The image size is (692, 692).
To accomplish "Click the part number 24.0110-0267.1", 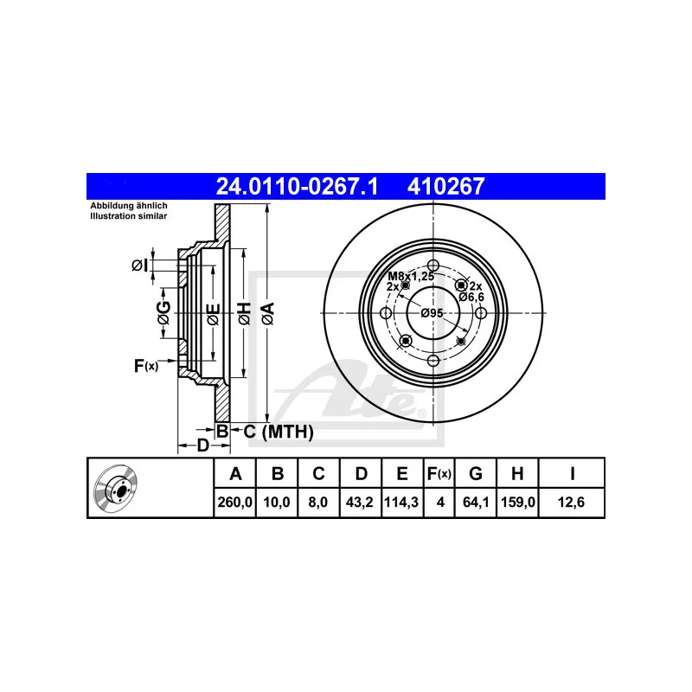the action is click(297, 186).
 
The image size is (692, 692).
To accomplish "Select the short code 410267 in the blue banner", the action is click(445, 186).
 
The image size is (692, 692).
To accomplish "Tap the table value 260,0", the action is click(234, 503).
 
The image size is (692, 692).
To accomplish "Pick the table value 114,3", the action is click(401, 503).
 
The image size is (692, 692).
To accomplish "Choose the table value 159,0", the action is click(518, 503).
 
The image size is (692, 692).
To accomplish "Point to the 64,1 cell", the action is click(475, 503).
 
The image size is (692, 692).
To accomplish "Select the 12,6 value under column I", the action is click(571, 503).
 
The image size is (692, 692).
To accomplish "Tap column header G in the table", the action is click(475, 473).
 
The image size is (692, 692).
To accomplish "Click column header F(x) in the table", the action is click(439, 473).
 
